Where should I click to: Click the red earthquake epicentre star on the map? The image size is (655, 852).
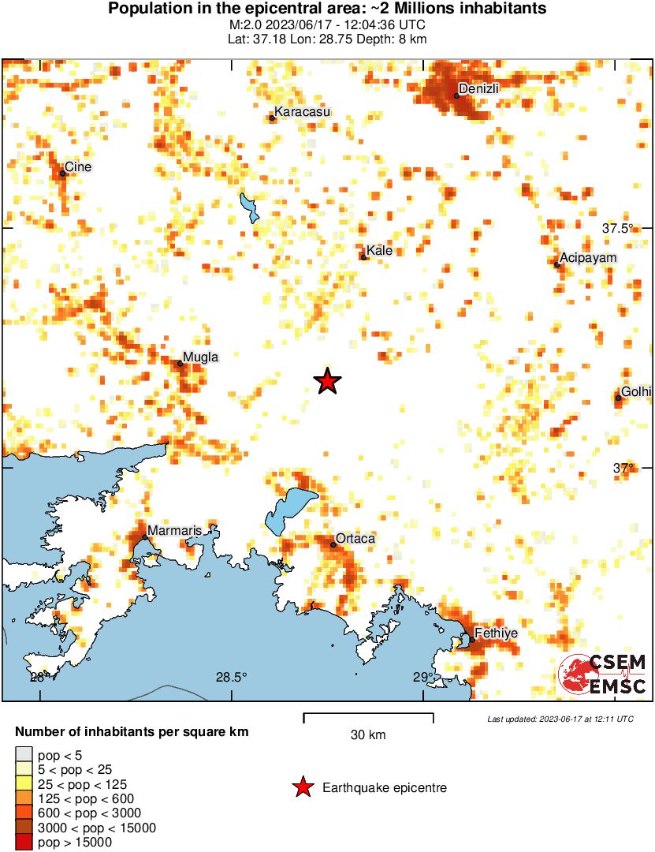click(327, 382)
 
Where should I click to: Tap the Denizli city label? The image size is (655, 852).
click(479, 88)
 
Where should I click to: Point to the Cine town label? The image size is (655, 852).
click(78, 166)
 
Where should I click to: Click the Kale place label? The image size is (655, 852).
click(379, 251)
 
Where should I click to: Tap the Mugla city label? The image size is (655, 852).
click(200, 357)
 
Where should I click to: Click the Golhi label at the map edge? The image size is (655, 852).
click(636, 391)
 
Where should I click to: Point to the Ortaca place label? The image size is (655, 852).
click(355, 538)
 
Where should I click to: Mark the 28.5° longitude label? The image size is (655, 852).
click(231, 677)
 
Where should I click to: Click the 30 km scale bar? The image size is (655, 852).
click(368, 718)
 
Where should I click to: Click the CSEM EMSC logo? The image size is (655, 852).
click(602, 675)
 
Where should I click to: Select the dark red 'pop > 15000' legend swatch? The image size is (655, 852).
click(24, 843)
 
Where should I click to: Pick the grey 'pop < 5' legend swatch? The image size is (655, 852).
click(24, 756)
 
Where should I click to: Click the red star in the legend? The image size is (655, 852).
click(301, 787)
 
